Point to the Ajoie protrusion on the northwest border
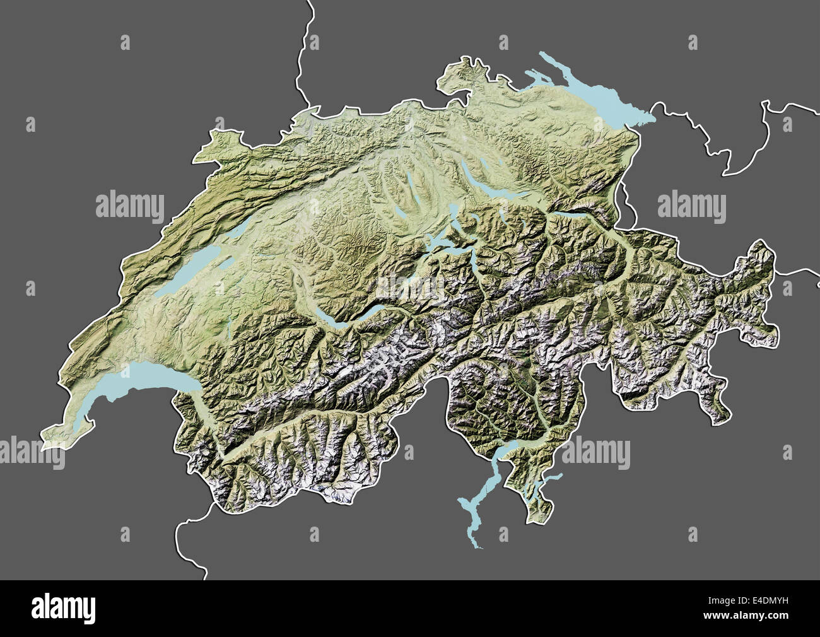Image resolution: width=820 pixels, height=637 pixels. [218, 142]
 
